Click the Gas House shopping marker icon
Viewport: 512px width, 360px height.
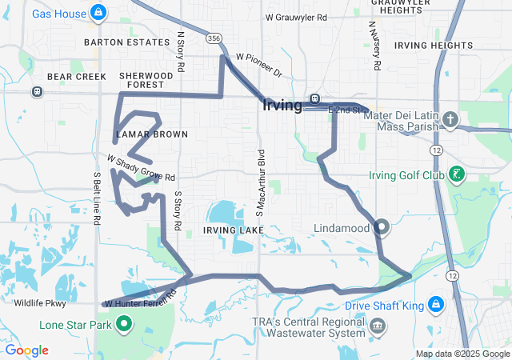(x=98, y=12)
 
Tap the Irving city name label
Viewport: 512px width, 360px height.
(x=282, y=105)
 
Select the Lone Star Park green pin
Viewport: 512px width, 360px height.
(x=125, y=324)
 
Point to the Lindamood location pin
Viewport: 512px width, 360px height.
(x=382, y=228)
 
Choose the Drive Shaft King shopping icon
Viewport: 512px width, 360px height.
(x=435, y=305)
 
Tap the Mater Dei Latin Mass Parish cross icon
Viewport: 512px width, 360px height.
(x=450, y=121)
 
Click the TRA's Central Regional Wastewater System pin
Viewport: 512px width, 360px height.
(x=378, y=326)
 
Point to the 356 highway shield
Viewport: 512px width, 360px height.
(x=213, y=37)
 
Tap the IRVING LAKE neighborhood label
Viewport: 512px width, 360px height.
(x=233, y=230)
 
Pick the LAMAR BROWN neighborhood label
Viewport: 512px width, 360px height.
(x=151, y=134)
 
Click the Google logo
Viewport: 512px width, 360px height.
(x=26, y=350)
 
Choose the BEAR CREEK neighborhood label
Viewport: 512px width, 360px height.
(x=71, y=77)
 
